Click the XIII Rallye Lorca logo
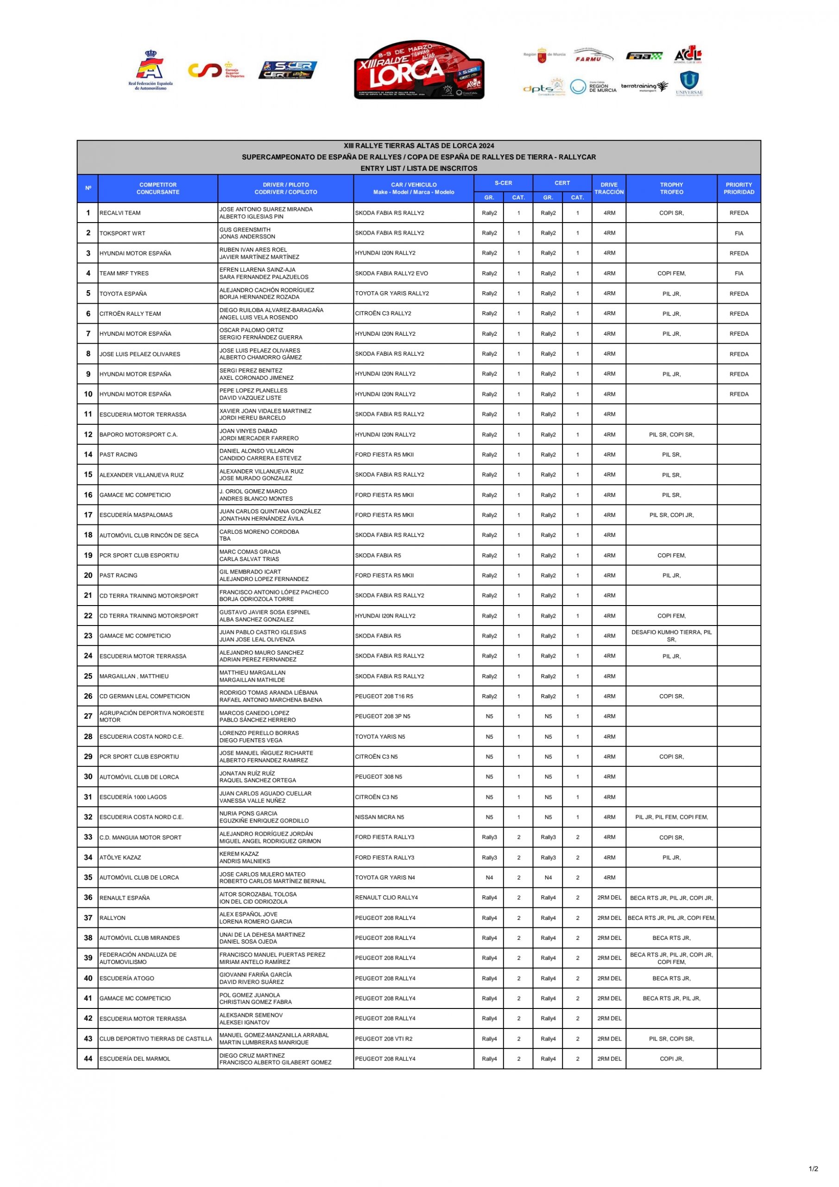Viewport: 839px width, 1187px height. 419,70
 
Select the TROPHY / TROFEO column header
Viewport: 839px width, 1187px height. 671,188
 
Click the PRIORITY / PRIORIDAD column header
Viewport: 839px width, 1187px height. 739,188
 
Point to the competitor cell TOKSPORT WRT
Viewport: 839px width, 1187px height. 122,233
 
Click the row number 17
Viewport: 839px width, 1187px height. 88,515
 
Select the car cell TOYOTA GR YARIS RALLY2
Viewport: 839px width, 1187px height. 391,293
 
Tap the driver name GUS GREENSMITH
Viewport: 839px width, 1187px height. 245,230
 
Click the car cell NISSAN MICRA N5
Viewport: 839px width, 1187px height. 379,817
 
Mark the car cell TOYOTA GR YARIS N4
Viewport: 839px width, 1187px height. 385,877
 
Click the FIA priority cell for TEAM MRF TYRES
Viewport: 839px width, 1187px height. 739,274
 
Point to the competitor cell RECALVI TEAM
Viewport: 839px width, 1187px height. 120,213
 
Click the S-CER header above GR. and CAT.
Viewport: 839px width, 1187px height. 503,183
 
